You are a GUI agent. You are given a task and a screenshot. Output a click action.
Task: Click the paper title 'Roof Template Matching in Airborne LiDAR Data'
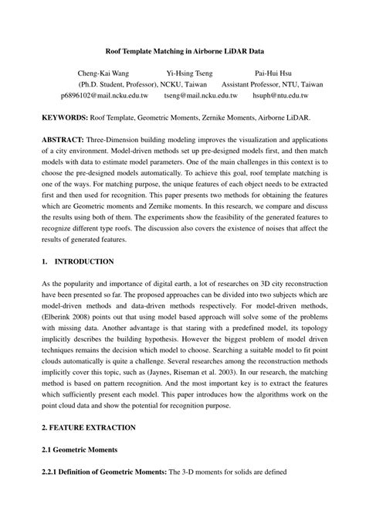coord(183,49)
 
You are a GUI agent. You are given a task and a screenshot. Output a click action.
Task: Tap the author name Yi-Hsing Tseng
coord(190,74)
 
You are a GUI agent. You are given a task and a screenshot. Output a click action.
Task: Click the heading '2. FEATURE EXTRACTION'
coord(88,427)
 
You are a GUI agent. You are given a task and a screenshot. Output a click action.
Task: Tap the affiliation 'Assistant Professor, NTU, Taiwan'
coord(272,86)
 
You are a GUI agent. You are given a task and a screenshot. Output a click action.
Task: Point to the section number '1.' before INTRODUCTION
coord(45,261)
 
